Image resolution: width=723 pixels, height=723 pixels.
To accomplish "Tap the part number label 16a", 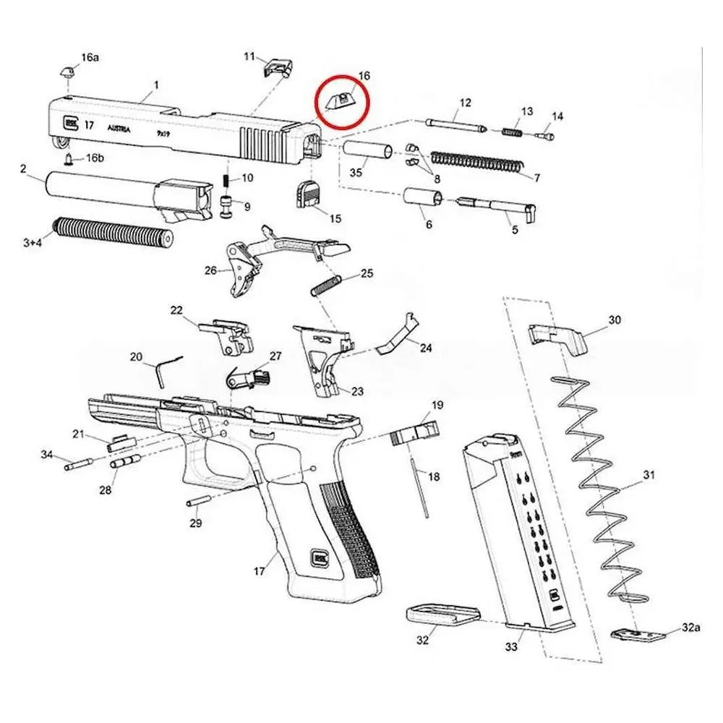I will click(90, 56).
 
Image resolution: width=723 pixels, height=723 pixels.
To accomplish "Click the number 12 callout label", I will click(464, 103).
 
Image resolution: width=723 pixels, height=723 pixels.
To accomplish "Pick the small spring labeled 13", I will click(512, 130).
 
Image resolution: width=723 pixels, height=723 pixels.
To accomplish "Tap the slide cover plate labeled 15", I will click(307, 194).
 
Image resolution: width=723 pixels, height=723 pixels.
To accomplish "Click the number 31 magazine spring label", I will click(649, 475).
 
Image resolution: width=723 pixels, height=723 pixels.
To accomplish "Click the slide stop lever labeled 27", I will click(248, 377).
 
